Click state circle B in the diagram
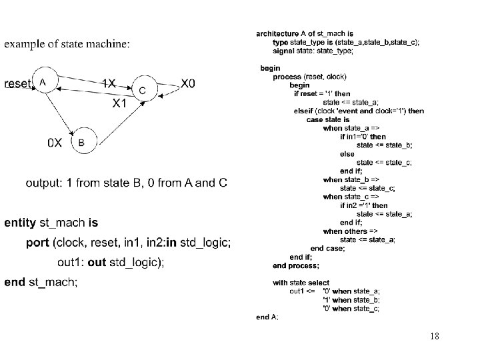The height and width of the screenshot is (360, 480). pyautogui.click(x=82, y=142)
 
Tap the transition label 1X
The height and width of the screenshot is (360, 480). pyautogui.click(x=108, y=83)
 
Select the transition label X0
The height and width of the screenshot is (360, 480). pyautogui.click(x=189, y=83)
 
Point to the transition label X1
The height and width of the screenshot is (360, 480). pyautogui.click(x=121, y=104)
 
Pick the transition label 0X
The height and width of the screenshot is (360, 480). pyautogui.click(x=55, y=143)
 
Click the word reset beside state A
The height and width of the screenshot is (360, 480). pyautogui.click(x=17, y=84)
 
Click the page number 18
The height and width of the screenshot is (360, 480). pyautogui.click(x=435, y=336)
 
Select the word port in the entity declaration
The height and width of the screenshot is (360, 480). pyautogui.click(x=38, y=243)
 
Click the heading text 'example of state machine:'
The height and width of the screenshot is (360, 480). pyautogui.click(x=67, y=44)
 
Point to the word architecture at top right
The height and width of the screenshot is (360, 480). pyautogui.click(x=277, y=33)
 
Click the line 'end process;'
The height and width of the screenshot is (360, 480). pyautogui.click(x=297, y=265)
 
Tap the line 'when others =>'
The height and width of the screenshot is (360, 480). pyautogui.click(x=346, y=231)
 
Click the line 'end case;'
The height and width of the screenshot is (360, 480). pyautogui.click(x=328, y=248)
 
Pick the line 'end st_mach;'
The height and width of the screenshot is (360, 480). pyautogui.click(x=41, y=282)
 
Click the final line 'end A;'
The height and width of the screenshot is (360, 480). pyautogui.click(x=267, y=317)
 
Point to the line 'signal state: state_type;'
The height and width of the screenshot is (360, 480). pyautogui.click(x=313, y=51)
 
